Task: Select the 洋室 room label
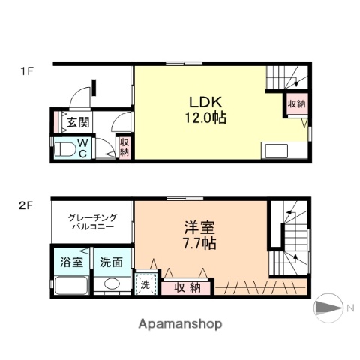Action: (198, 227)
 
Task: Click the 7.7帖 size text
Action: (198, 243)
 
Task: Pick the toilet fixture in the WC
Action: (64, 150)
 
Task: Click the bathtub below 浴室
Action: (70, 286)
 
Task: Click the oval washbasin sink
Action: (112, 284)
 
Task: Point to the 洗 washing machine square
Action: (144, 285)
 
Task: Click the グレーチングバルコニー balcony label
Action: (91, 220)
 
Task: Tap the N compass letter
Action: (349, 306)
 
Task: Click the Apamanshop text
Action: (179, 325)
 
